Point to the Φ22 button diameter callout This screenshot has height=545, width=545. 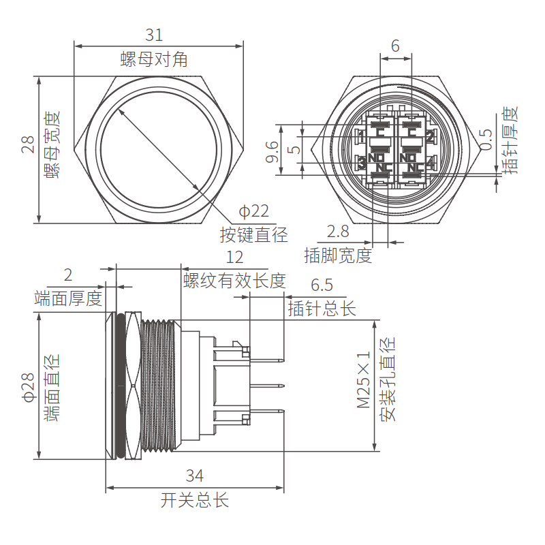click(x=253, y=212)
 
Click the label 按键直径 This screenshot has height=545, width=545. click(x=253, y=235)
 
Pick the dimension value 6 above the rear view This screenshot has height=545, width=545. click(x=394, y=46)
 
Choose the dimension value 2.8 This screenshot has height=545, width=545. click(x=338, y=231)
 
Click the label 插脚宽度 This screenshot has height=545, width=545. click(x=338, y=255)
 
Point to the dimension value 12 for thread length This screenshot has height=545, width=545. click(x=234, y=258)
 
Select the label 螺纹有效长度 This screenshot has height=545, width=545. click(x=234, y=280)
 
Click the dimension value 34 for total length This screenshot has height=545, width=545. click(x=195, y=476)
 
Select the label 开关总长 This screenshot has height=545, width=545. click(x=195, y=501)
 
